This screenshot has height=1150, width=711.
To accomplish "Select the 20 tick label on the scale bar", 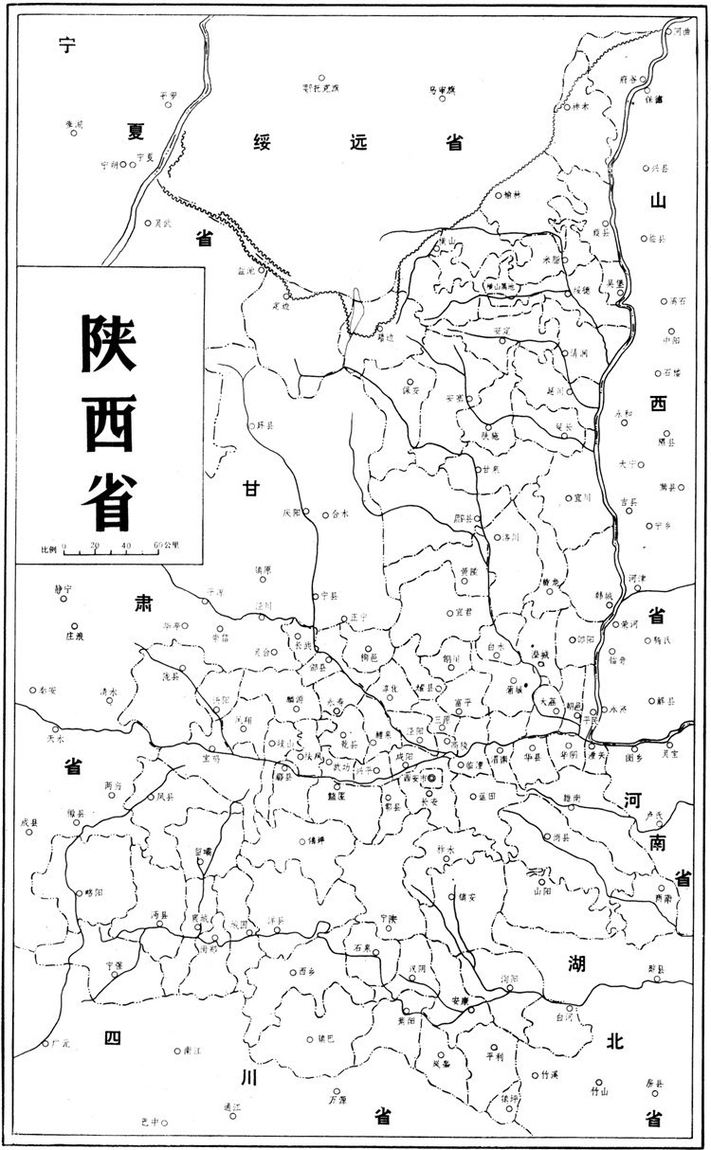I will [x=95, y=546].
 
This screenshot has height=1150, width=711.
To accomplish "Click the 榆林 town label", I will [x=513, y=195].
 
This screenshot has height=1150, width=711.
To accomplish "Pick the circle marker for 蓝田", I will [x=471, y=795].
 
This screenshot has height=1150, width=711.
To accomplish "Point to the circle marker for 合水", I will [x=324, y=513].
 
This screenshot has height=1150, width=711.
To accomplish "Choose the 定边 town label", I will [x=281, y=305].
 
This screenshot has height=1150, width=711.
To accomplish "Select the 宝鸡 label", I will [x=210, y=759].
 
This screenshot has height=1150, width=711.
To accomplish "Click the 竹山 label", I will [x=598, y=1091].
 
